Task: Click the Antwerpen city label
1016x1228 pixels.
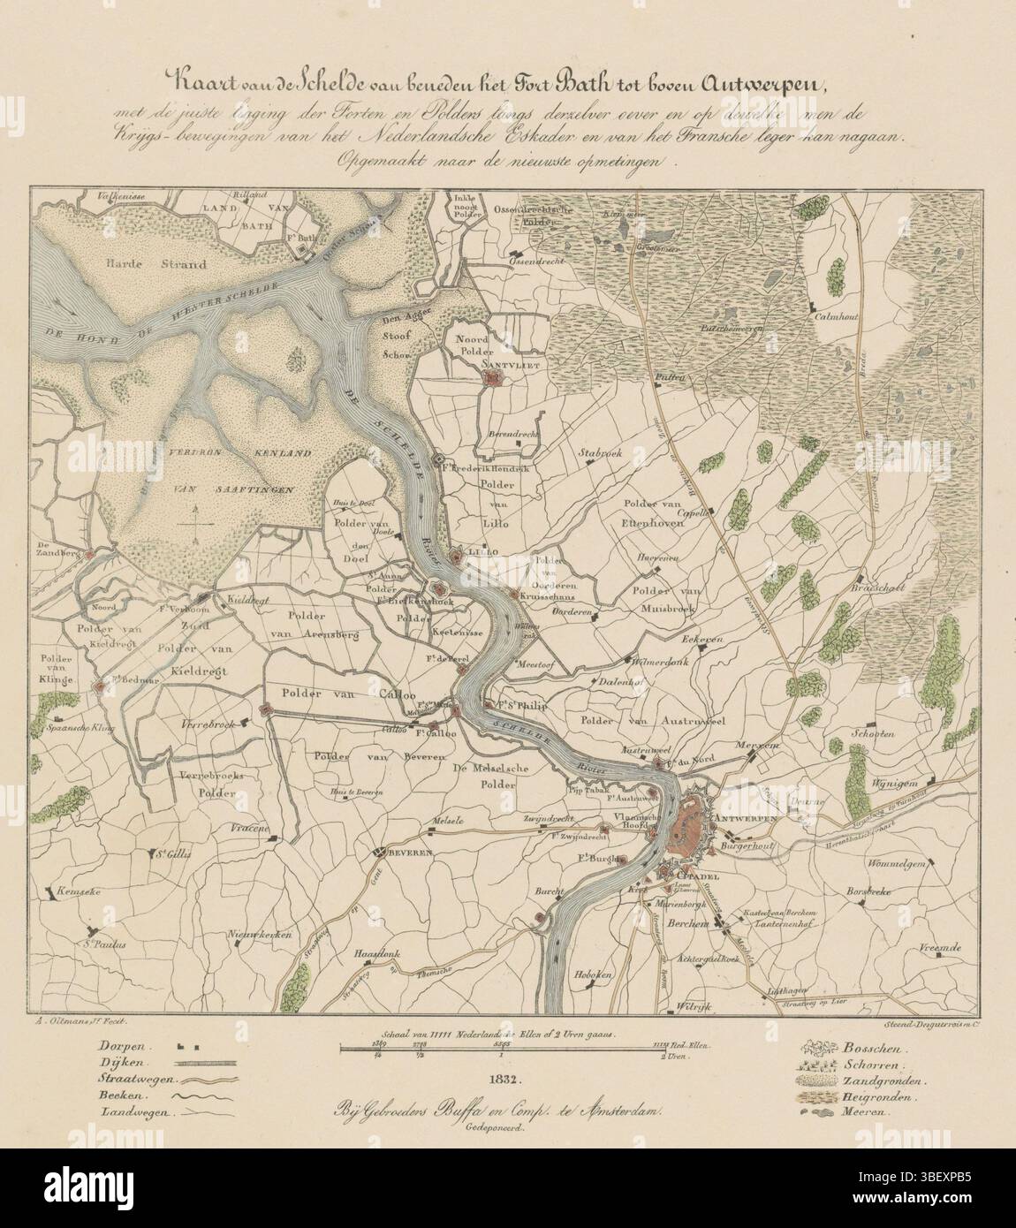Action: point(747,819)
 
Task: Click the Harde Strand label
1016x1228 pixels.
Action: point(154,263)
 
